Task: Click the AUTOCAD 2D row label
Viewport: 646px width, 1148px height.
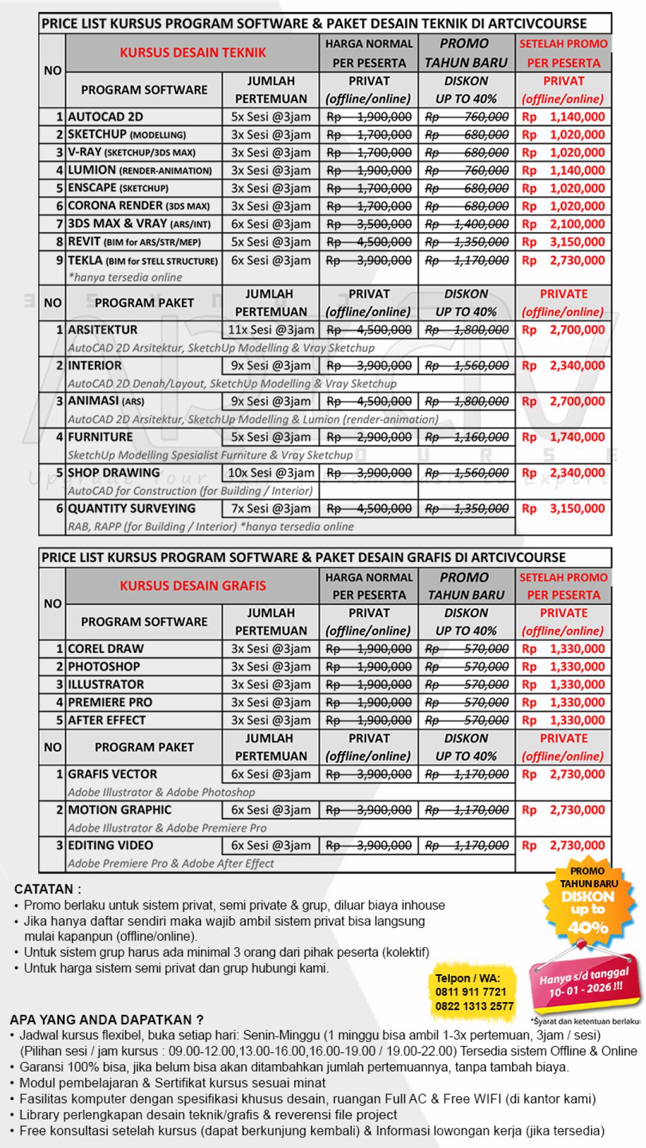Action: point(105,117)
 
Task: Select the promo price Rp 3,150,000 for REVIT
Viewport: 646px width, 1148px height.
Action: point(563,242)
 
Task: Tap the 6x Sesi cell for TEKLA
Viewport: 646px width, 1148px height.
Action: point(271,260)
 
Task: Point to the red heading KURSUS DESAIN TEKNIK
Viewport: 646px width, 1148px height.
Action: point(193,53)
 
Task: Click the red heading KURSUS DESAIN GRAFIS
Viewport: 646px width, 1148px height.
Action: point(193,585)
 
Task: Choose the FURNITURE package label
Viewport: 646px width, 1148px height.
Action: point(100,437)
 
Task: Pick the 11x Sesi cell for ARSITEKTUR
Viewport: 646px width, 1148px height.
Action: point(271,329)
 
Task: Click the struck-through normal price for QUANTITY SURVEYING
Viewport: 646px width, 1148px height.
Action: point(369,509)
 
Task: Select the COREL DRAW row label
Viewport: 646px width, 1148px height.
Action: point(106,649)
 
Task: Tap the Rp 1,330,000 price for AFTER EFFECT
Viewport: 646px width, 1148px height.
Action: point(563,720)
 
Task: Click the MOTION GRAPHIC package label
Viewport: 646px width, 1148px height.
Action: point(120,810)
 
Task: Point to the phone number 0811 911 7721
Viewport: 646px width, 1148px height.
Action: point(471,992)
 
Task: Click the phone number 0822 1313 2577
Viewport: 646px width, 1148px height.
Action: point(474,1006)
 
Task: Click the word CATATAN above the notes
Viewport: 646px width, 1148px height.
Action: point(47,889)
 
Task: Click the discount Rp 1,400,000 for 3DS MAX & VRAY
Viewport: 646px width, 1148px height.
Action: point(467,224)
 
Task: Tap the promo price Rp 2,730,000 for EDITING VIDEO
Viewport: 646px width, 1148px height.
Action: point(563,845)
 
